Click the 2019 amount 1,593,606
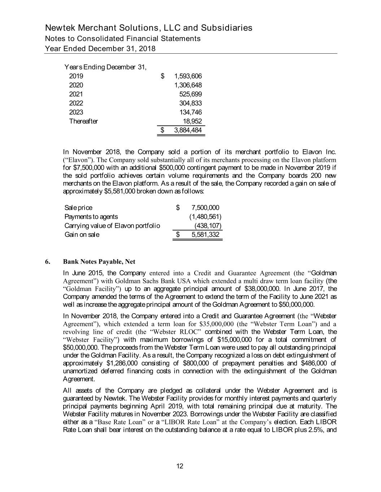[x=188, y=76]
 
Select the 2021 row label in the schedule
[x=76, y=94]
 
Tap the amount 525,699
[x=191, y=94]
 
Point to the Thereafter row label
[x=83, y=121]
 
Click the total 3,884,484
[x=188, y=130]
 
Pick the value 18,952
[x=192, y=121]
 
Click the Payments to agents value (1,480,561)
[x=205, y=217]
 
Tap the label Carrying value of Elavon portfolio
[x=112, y=226]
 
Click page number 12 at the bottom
[x=179, y=466]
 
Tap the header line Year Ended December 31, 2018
[x=100, y=48]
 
